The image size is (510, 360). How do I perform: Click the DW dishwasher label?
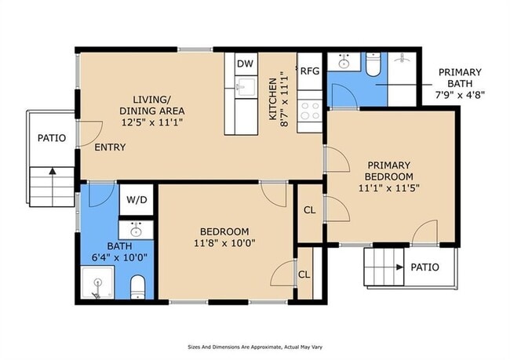pos(245,64)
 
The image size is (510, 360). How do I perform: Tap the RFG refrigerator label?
pos(310,71)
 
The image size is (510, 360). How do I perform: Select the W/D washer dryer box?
pos(137,200)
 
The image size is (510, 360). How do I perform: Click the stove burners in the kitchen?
pos(310,111)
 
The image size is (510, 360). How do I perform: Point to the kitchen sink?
pos(245,87)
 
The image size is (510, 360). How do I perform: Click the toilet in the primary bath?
pos(373,64)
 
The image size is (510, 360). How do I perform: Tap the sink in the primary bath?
pos(344,62)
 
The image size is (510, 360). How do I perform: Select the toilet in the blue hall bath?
pos(137,287)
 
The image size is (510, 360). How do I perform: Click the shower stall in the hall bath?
pos(97,282)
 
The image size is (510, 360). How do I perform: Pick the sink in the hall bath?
pos(136,231)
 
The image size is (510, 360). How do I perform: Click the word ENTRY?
pos(110,147)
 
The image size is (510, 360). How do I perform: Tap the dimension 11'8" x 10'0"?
pos(224,243)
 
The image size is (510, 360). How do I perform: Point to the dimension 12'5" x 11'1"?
pos(152,122)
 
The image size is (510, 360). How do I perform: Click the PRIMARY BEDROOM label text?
pos(389,171)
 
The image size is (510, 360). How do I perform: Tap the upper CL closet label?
pos(310,210)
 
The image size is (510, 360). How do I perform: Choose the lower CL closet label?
pos(304,275)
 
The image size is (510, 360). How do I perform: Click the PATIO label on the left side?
pos(52,138)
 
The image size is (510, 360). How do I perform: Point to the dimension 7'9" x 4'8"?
pos(460,95)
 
